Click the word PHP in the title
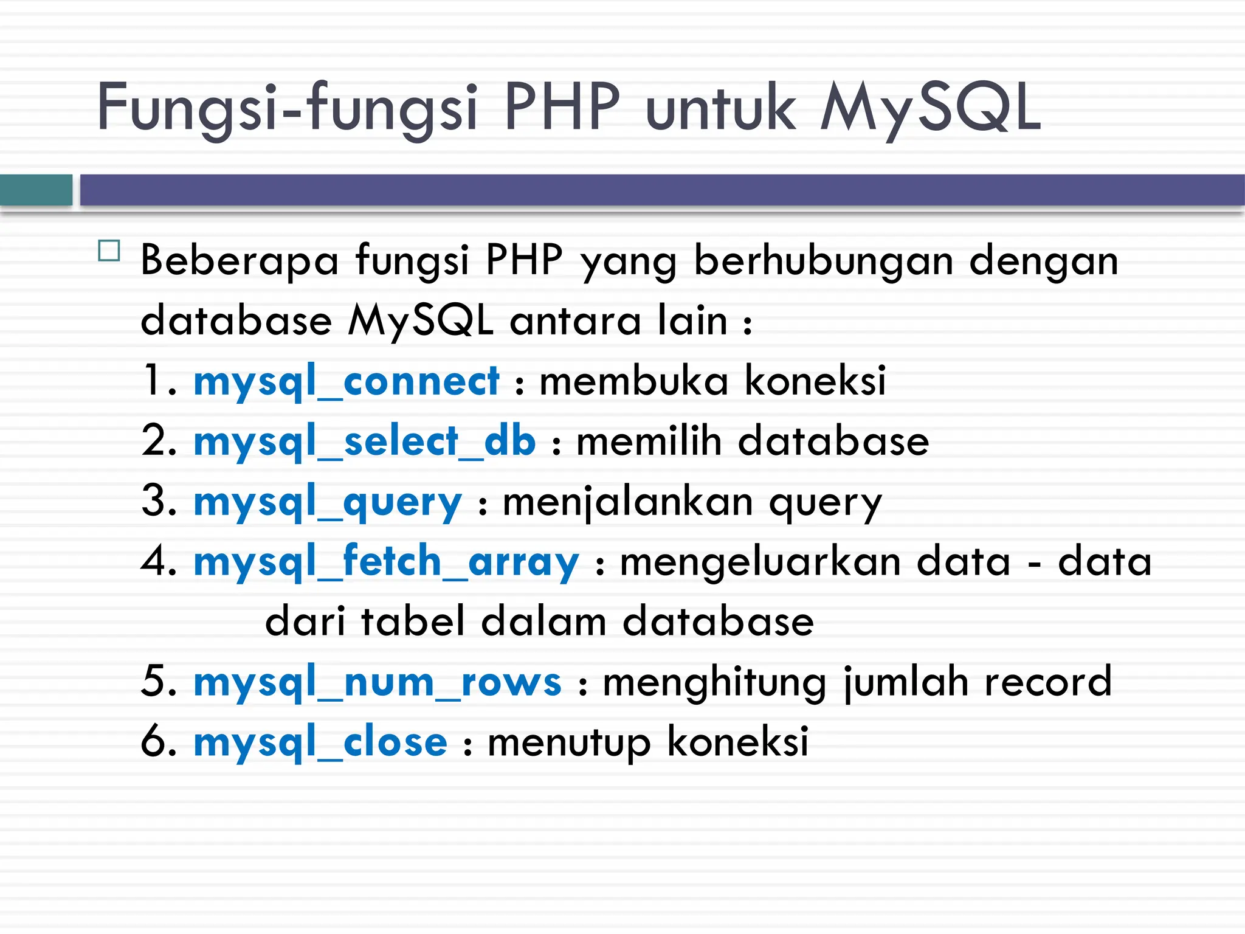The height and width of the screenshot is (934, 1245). pos(562,108)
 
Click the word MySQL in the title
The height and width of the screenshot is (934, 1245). pos(930,108)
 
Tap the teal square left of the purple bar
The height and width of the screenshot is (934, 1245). pos(36,190)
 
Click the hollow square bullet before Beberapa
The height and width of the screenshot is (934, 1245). pos(109,251)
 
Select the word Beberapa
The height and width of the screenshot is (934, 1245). pos(239,260)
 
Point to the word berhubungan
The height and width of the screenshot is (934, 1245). pos(823,260)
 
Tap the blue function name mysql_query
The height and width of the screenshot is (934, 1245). pos(328,502)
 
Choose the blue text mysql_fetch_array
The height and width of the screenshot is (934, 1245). pos(386,562)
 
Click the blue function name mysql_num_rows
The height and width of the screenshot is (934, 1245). pos(378,682)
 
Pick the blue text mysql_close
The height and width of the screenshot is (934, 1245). pos(320,742)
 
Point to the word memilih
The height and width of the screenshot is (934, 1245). pos(649,441)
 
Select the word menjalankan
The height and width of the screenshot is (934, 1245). pos(628,502)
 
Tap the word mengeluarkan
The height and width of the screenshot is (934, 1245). pos(760,562)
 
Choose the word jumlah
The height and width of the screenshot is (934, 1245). pos(906,682)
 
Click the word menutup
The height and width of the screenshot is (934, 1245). pos(569,742)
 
